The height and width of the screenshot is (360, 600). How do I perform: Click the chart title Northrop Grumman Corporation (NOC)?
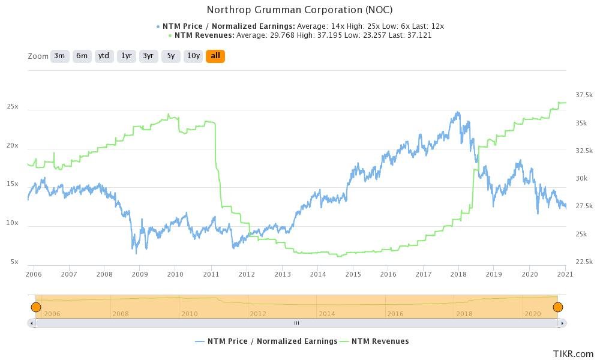tap(299, 10)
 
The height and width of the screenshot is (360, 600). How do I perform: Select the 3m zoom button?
tap(59, 56)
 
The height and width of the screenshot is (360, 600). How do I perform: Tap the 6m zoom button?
tap(82, 56)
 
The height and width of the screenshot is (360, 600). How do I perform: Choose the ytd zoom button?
tap(104, 56)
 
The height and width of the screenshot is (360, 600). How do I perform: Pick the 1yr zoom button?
tap(126, 56)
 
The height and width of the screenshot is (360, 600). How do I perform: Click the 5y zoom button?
tap(171, 56)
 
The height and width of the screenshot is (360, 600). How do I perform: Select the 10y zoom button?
tap(193, 56)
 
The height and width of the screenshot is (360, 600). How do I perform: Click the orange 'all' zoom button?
tap(215, 56)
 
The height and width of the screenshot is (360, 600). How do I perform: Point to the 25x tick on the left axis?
tap(13, 107)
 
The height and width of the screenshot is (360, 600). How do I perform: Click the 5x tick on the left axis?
tap(14, 262)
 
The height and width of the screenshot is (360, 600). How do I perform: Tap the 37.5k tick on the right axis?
tap(584, 95)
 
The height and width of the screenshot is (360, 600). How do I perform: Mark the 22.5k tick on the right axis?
tap(584, 262)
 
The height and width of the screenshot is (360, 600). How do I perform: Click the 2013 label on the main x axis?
tap(282, 274)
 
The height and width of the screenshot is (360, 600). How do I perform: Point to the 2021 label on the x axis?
tap(565, 274)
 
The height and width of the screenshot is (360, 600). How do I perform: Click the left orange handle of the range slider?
tap(35, 307)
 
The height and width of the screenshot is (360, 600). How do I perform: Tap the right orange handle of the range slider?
tap(558, 307)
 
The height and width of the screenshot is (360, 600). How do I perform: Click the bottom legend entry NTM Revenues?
tap(380, 341)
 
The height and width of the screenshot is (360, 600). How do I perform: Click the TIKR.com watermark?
tap(573, 354)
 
